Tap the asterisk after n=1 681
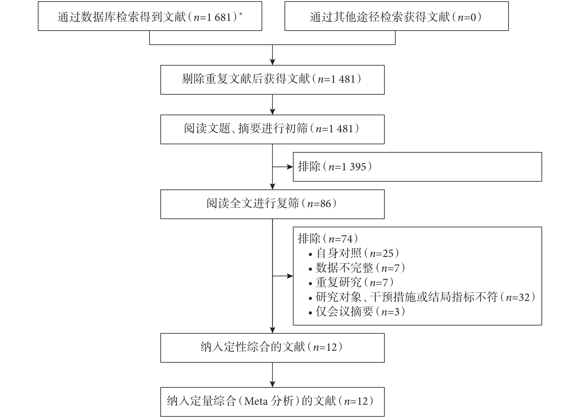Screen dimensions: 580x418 coord(241,14)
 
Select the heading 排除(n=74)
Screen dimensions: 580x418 coord(328,239)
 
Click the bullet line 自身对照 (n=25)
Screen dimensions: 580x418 coord(354,253)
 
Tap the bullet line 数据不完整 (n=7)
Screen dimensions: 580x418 coord(357,268)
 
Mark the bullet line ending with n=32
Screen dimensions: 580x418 coord(422,297)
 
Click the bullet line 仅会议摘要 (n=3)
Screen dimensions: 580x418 coord(357,311)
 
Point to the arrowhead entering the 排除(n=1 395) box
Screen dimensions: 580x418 coord(290,167)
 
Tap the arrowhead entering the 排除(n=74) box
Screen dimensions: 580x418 coord(290,276)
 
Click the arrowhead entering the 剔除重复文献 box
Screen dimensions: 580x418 coord(272,62)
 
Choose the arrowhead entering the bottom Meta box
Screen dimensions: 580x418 coord(272,384)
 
